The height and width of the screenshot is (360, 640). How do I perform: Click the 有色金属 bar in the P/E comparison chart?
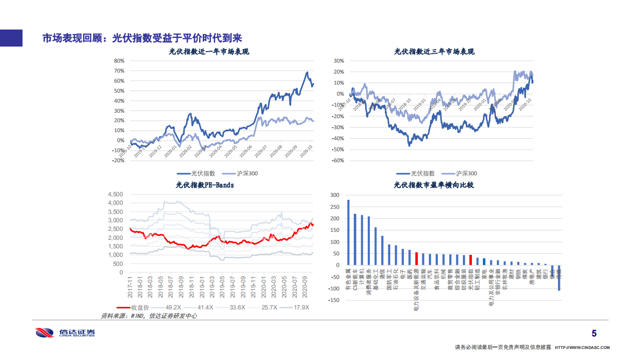pyautogui.click(x=348, y=232)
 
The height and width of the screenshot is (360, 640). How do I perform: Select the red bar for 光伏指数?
pyautogui.click(x=470, y=260)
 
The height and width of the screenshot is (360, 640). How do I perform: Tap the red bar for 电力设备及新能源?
pyautogui.click(x=416, y=258)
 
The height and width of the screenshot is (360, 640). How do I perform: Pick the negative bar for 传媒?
pyautogui.click(x=559, y=277)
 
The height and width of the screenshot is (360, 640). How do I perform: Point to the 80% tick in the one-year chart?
pyautogui.click(x=119, y=61)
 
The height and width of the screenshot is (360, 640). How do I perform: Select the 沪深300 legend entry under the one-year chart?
pyautogui.click(x=240, y=173)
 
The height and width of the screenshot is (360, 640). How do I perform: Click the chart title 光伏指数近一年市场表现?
pyautogui.click(x=209, y=52)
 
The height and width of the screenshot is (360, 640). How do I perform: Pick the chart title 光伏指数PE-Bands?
pyautogui.click(x=205, y=185)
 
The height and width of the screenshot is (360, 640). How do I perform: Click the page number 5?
pyautogui.click(x=594, y=333)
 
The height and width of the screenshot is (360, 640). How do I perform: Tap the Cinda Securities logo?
pyautogui.click(x=65, y=333)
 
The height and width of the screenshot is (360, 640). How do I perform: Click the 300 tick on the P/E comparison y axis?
pyautogui.click(x=335, y=194)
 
